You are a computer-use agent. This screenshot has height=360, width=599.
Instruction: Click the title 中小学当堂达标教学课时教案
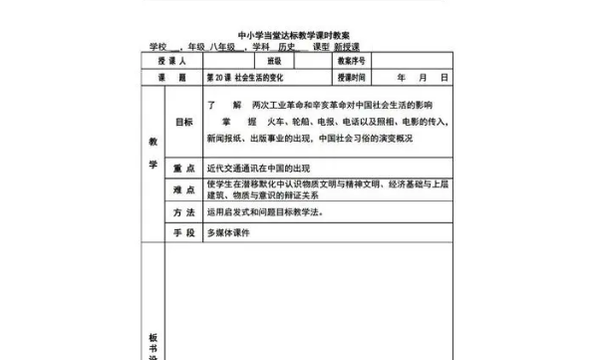point(299,33)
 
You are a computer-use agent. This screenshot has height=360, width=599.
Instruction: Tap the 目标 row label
point(183,122)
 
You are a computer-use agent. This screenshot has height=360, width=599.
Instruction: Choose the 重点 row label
point(183,169)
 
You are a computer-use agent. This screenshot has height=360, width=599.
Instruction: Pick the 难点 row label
point(183,190)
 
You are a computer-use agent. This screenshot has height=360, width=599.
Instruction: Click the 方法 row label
point(183,213)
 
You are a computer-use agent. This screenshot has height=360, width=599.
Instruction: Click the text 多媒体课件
point(227,232)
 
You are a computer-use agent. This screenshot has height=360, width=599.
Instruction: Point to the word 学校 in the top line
point(157,46)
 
